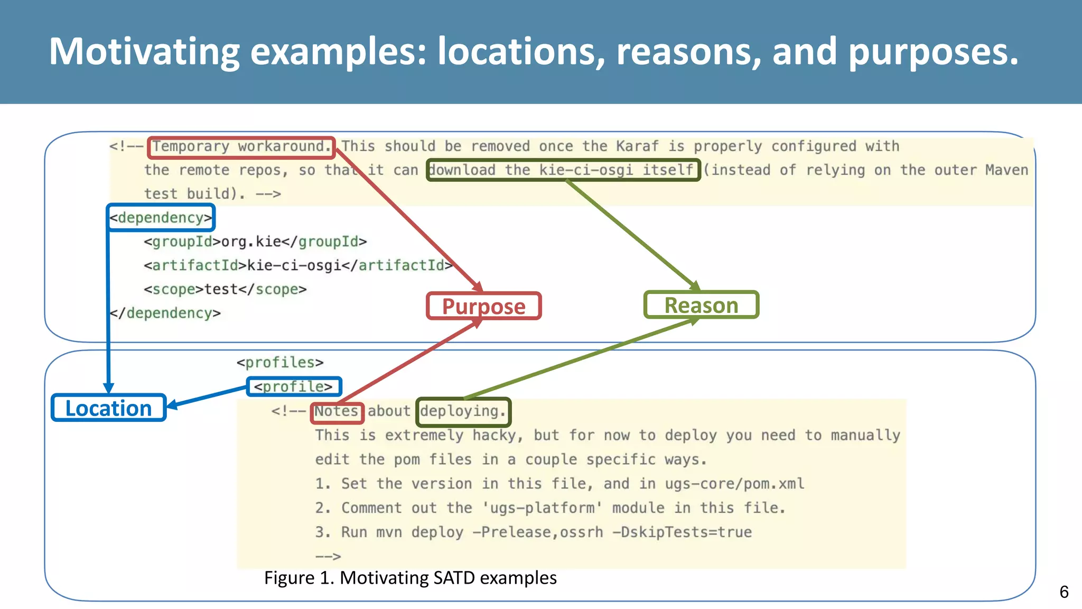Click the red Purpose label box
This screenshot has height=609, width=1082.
(483, 306)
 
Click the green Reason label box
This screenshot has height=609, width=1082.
(701, 305)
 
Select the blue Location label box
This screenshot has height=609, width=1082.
(108, 408)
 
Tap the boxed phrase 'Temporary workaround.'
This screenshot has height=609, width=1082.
(241, 146)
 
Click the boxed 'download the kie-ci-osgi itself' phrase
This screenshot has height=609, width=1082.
(563, 170)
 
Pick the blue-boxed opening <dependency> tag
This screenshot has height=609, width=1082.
(161, 218)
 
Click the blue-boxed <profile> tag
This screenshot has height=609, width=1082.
(294, 386)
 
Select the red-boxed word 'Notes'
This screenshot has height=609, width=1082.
(337, 411)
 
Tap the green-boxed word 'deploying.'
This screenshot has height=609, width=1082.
(463, 411)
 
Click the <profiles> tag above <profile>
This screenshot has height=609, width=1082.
(279, 363)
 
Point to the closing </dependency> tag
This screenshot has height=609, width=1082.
(165, 313)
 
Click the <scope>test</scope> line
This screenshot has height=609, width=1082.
(225, 289)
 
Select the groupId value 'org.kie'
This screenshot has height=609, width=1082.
(251, 242)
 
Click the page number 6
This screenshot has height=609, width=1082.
(1064, 592)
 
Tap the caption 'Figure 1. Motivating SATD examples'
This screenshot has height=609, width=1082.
(410, 578)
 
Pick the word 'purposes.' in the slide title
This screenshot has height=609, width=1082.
(933, 51)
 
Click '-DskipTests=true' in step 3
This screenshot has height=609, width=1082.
(682, 532)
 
